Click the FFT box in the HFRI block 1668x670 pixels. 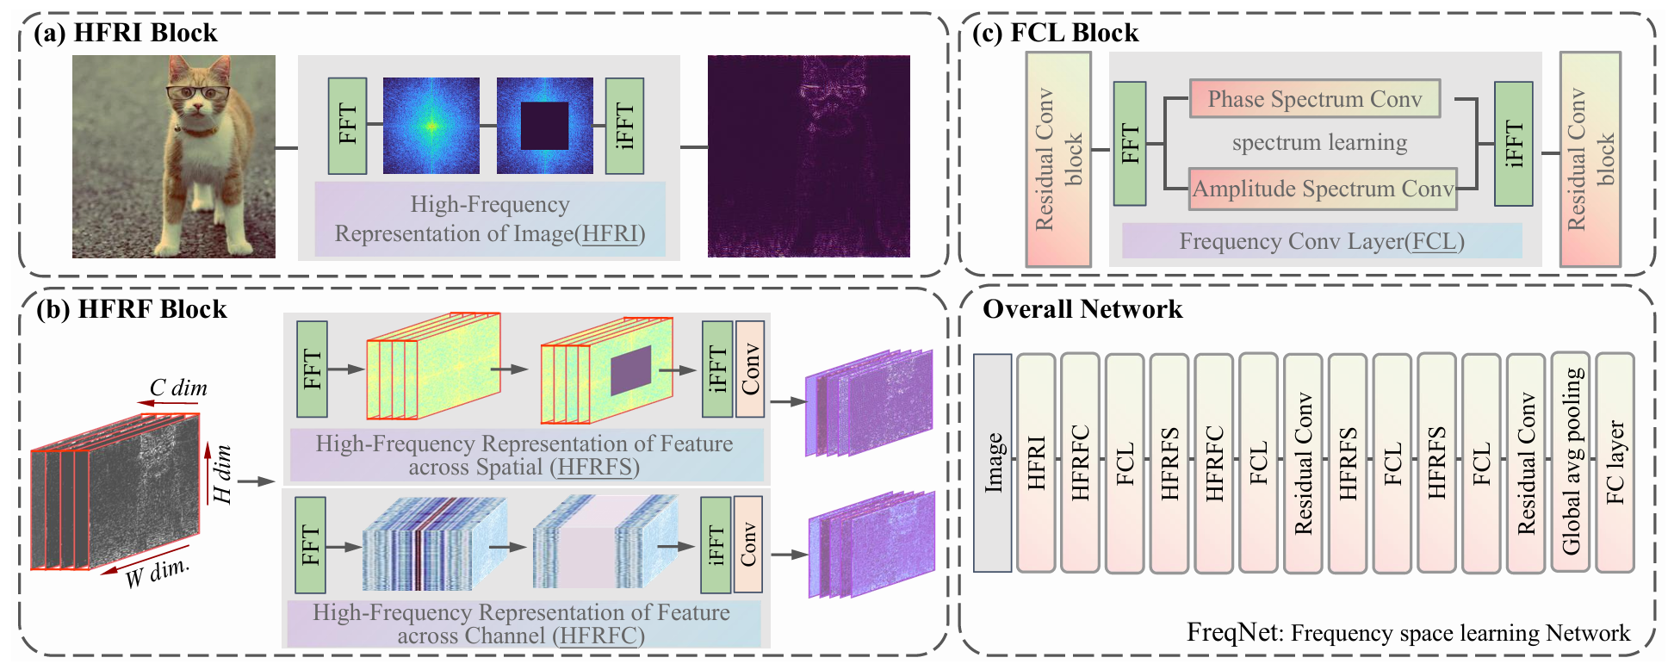point(348,126)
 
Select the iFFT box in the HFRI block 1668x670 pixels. point(624,126)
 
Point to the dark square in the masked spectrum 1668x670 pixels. point(544,126)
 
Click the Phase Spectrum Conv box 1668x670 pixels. point(1314,99)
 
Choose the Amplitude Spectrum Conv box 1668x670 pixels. point(1323,189)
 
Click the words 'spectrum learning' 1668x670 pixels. point(1319,142)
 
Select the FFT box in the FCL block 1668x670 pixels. point(1130,144)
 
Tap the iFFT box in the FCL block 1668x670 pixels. point(1513,144)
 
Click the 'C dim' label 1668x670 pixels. point(178,388)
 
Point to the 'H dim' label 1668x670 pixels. point(222,475)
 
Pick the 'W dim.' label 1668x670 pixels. point(157,573)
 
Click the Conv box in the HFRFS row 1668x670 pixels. point(750,369)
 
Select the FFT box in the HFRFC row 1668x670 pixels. point(310,545)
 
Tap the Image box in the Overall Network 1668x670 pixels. point(992,462)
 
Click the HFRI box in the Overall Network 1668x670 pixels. point(1036,462)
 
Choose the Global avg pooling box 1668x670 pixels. point(1571,462)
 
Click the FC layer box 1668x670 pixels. point(1615,462)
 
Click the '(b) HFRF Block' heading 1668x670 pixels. point(131,309)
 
